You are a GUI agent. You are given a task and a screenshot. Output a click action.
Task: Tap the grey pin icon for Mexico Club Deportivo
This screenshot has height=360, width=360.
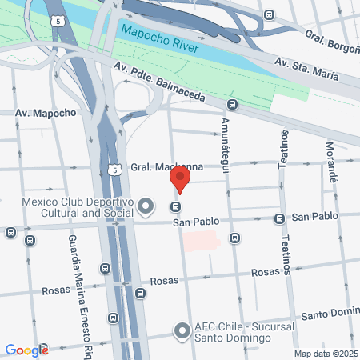[x=146, y=207]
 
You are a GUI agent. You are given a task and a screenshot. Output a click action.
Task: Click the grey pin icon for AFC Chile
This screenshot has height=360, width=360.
[x=182, y=331]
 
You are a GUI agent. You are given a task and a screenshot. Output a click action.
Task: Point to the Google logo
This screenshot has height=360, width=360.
[x=26, y=350]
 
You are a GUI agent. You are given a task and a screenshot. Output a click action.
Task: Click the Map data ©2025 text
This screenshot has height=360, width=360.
[x=325, y=353]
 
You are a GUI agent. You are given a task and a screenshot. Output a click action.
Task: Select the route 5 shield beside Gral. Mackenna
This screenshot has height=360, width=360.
[x=116, y=170]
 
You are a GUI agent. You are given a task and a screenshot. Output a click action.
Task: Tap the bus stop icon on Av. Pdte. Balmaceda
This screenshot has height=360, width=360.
[x=232, y=104]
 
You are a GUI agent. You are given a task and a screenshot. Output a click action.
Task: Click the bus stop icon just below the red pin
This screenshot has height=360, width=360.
[x=175, y=207]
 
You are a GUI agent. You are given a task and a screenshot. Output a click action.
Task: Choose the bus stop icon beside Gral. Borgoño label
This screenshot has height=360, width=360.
[x=269, y=16]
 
